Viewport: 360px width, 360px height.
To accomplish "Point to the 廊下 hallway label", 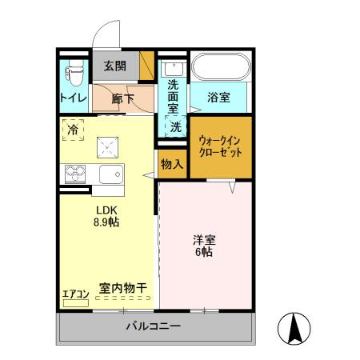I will click(x=123, y=99).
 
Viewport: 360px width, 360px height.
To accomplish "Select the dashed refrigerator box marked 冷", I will click(x=74, y=129).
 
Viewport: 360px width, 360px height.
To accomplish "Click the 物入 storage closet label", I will click(x=171, y=164).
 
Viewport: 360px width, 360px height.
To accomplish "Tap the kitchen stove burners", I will click(x=74, y=173).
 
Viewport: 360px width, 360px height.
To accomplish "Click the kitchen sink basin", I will click(x=110, y=173).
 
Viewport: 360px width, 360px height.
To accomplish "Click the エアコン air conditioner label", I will click(x=75, y=294).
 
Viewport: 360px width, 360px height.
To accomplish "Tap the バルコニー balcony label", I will click(x=153, y=326).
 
